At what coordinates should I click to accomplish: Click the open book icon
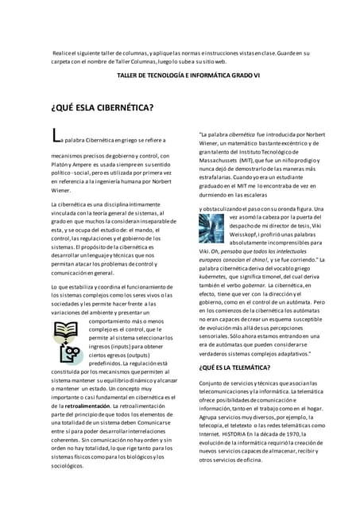(x=65, y=307)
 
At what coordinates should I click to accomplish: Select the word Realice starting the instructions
(x=64, y=52)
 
